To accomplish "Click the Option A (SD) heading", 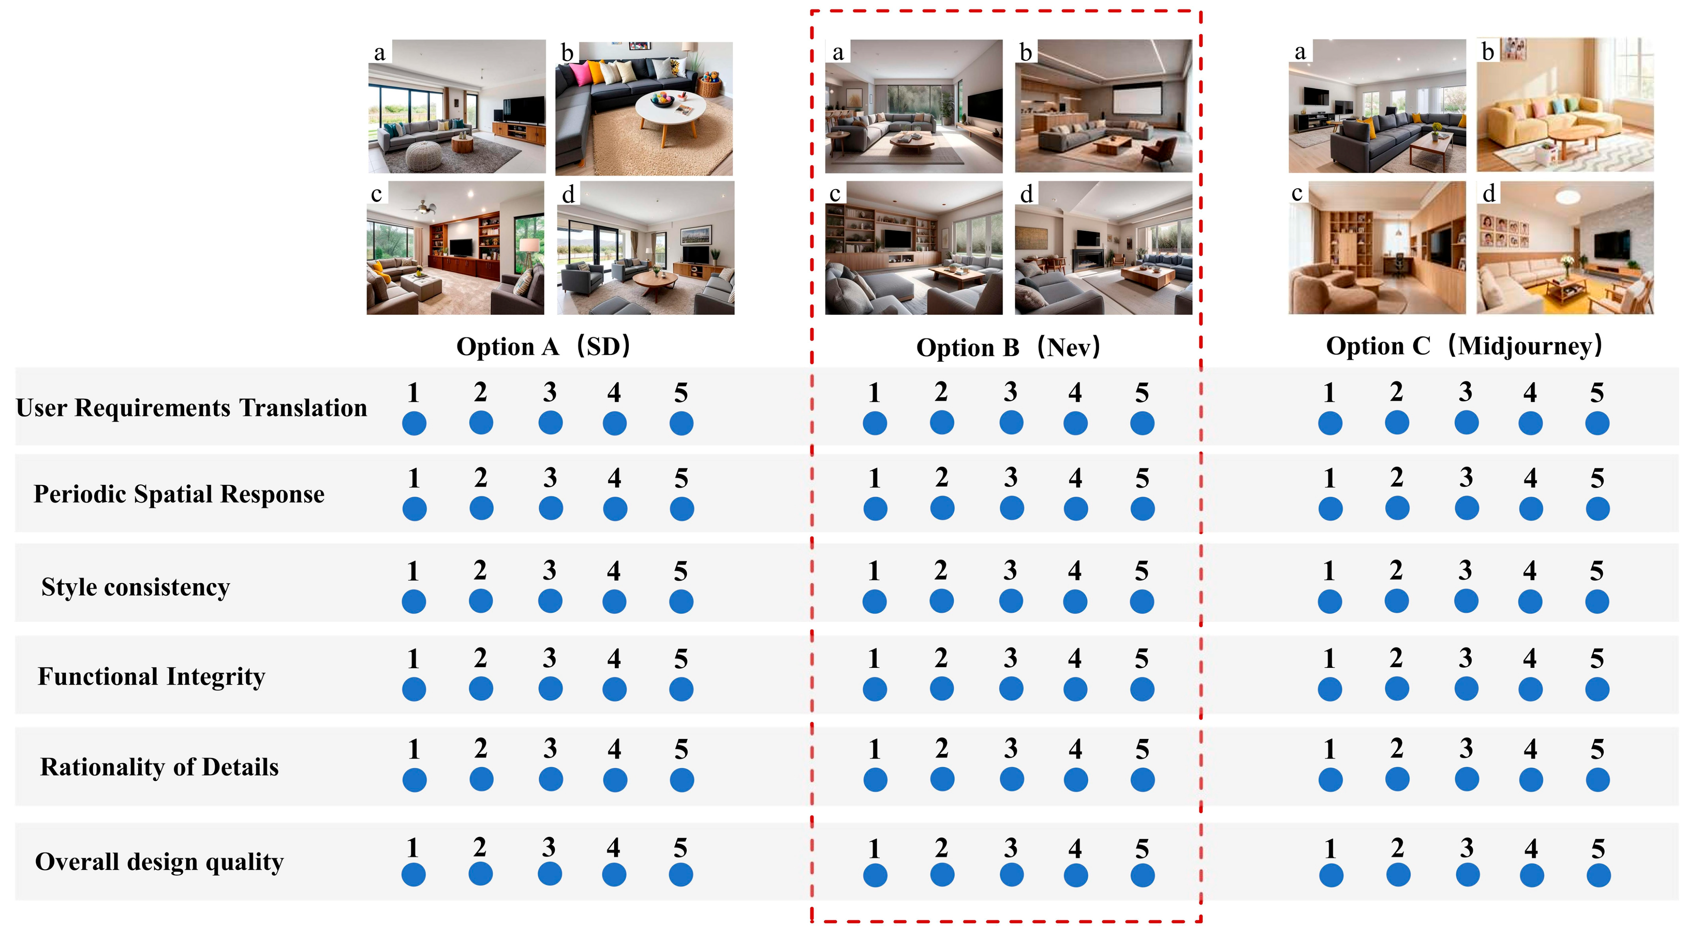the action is (543, 347).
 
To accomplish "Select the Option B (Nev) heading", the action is (1008, 347).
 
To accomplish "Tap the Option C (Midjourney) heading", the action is (1463, 346).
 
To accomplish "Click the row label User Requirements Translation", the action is (192, 408).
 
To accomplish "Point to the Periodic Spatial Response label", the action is (179, 494).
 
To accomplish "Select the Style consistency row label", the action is (136, 587).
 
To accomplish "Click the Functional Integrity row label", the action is (151, 676).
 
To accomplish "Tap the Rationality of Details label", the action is (160, 767).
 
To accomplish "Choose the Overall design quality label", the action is (160, 862).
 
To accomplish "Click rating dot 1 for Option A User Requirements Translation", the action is (414, 423).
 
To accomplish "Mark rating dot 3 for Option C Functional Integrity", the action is (1466, 689).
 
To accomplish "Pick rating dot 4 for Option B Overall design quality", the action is (1075, 875).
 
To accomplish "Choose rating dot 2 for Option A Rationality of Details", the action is (481, 780).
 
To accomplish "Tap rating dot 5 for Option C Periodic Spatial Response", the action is (1597, 508).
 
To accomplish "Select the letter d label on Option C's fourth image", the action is (1489, 193).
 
